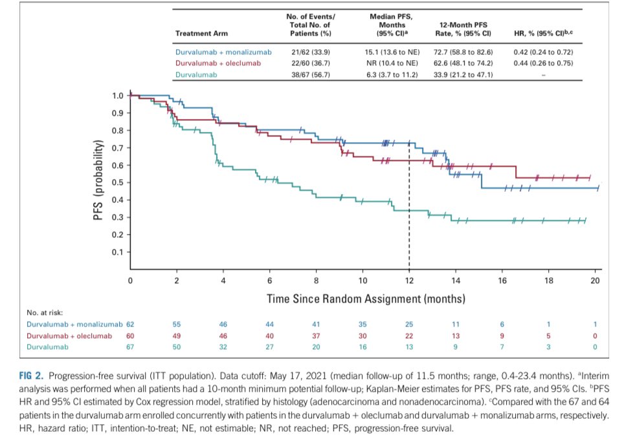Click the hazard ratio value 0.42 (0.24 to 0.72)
tap(542, 52)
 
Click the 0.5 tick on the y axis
tap(118, 183)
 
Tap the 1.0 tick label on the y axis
tap(118, 96)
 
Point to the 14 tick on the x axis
tap(456, 281)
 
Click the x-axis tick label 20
tap(595, 281)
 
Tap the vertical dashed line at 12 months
tap(409, 213)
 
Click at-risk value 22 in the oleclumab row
tap(409, 336)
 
